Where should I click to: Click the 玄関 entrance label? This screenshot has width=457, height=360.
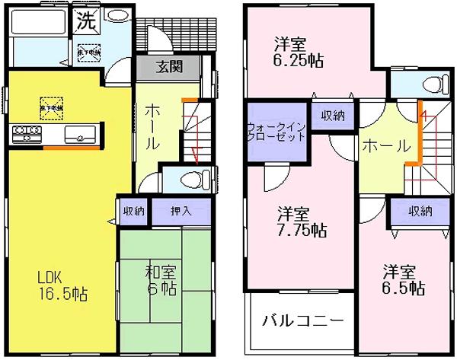168,67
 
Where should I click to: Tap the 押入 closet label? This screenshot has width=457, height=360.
180,211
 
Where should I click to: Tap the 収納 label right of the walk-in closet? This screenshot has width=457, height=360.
333,115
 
